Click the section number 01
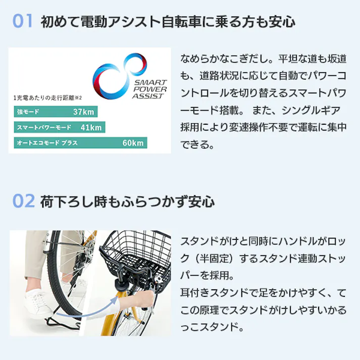coord(22,22)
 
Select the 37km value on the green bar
coord(83,112)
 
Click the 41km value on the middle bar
coord(90,127)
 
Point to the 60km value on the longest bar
coord(133,143)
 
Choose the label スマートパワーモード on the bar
coord(44,127)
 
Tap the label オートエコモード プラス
coord(48,143)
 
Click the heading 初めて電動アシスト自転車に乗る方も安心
coord(167,22)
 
